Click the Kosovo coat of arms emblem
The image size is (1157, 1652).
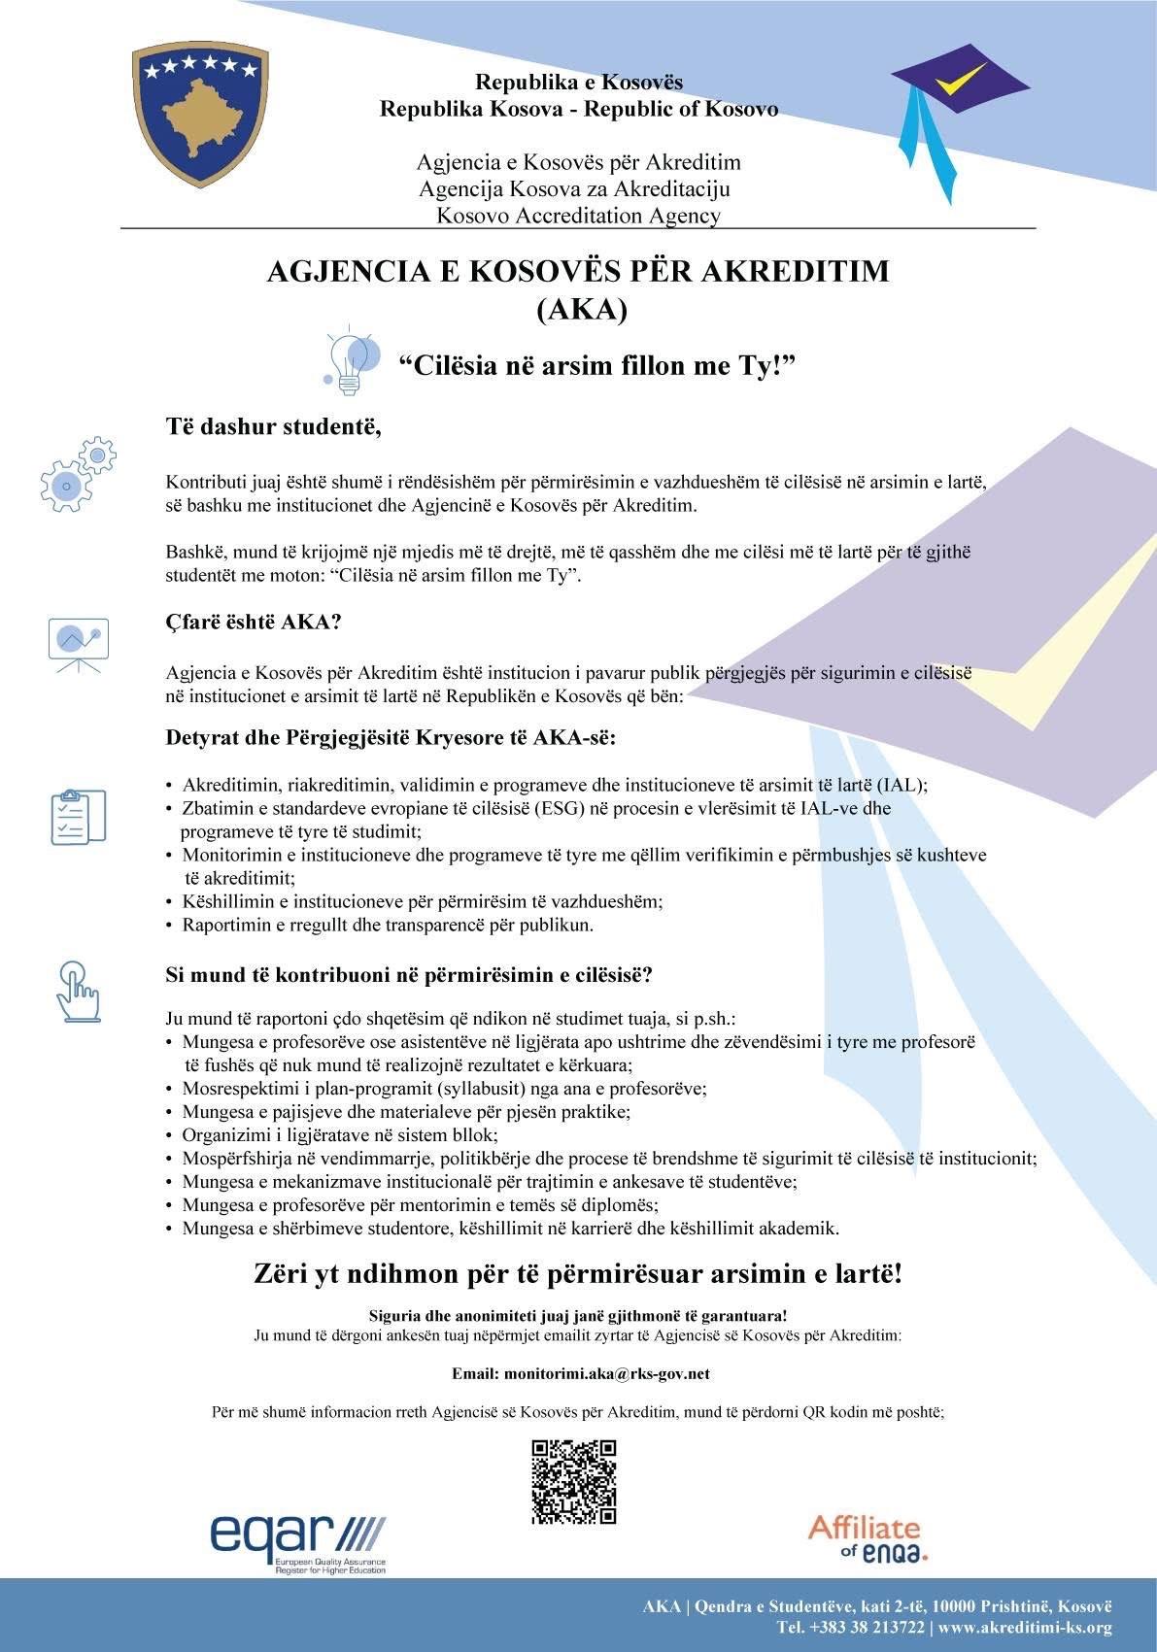200,115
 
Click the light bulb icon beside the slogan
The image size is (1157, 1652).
351,363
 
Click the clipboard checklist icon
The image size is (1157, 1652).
78,816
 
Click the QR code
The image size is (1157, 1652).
574,1481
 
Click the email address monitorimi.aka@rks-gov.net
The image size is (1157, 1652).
606,1374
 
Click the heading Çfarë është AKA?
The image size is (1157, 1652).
254,623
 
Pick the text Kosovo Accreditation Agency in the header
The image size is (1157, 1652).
578,215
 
